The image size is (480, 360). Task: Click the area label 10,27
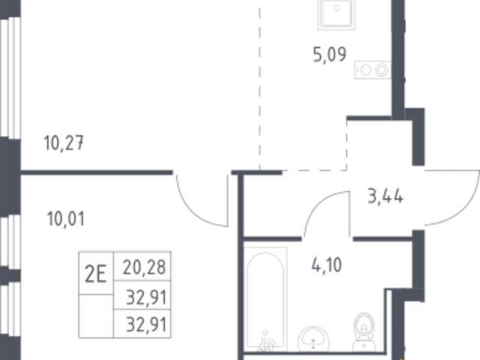point(64,143)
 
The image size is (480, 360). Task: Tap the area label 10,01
point(65,219)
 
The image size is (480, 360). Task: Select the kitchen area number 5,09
point(330,55)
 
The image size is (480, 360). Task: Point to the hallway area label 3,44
point(385,196)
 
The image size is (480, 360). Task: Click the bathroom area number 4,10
point(327,265)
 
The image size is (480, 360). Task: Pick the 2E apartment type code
point(96,274)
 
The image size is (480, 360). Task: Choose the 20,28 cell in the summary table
point(144,267)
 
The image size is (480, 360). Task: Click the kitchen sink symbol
point(337,15)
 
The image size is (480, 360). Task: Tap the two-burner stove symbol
point(373,70)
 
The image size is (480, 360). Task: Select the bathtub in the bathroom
point(265,298)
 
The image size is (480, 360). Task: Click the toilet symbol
point(364,332)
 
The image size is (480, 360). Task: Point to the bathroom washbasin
point(313,339)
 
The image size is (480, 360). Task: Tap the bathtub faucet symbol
point(266,342)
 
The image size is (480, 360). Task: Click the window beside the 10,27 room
point(10,78)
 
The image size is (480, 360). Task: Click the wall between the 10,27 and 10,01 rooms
point(97,172)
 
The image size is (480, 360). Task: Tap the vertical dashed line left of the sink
point(260,88)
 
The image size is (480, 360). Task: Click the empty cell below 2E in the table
point(96,316)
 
